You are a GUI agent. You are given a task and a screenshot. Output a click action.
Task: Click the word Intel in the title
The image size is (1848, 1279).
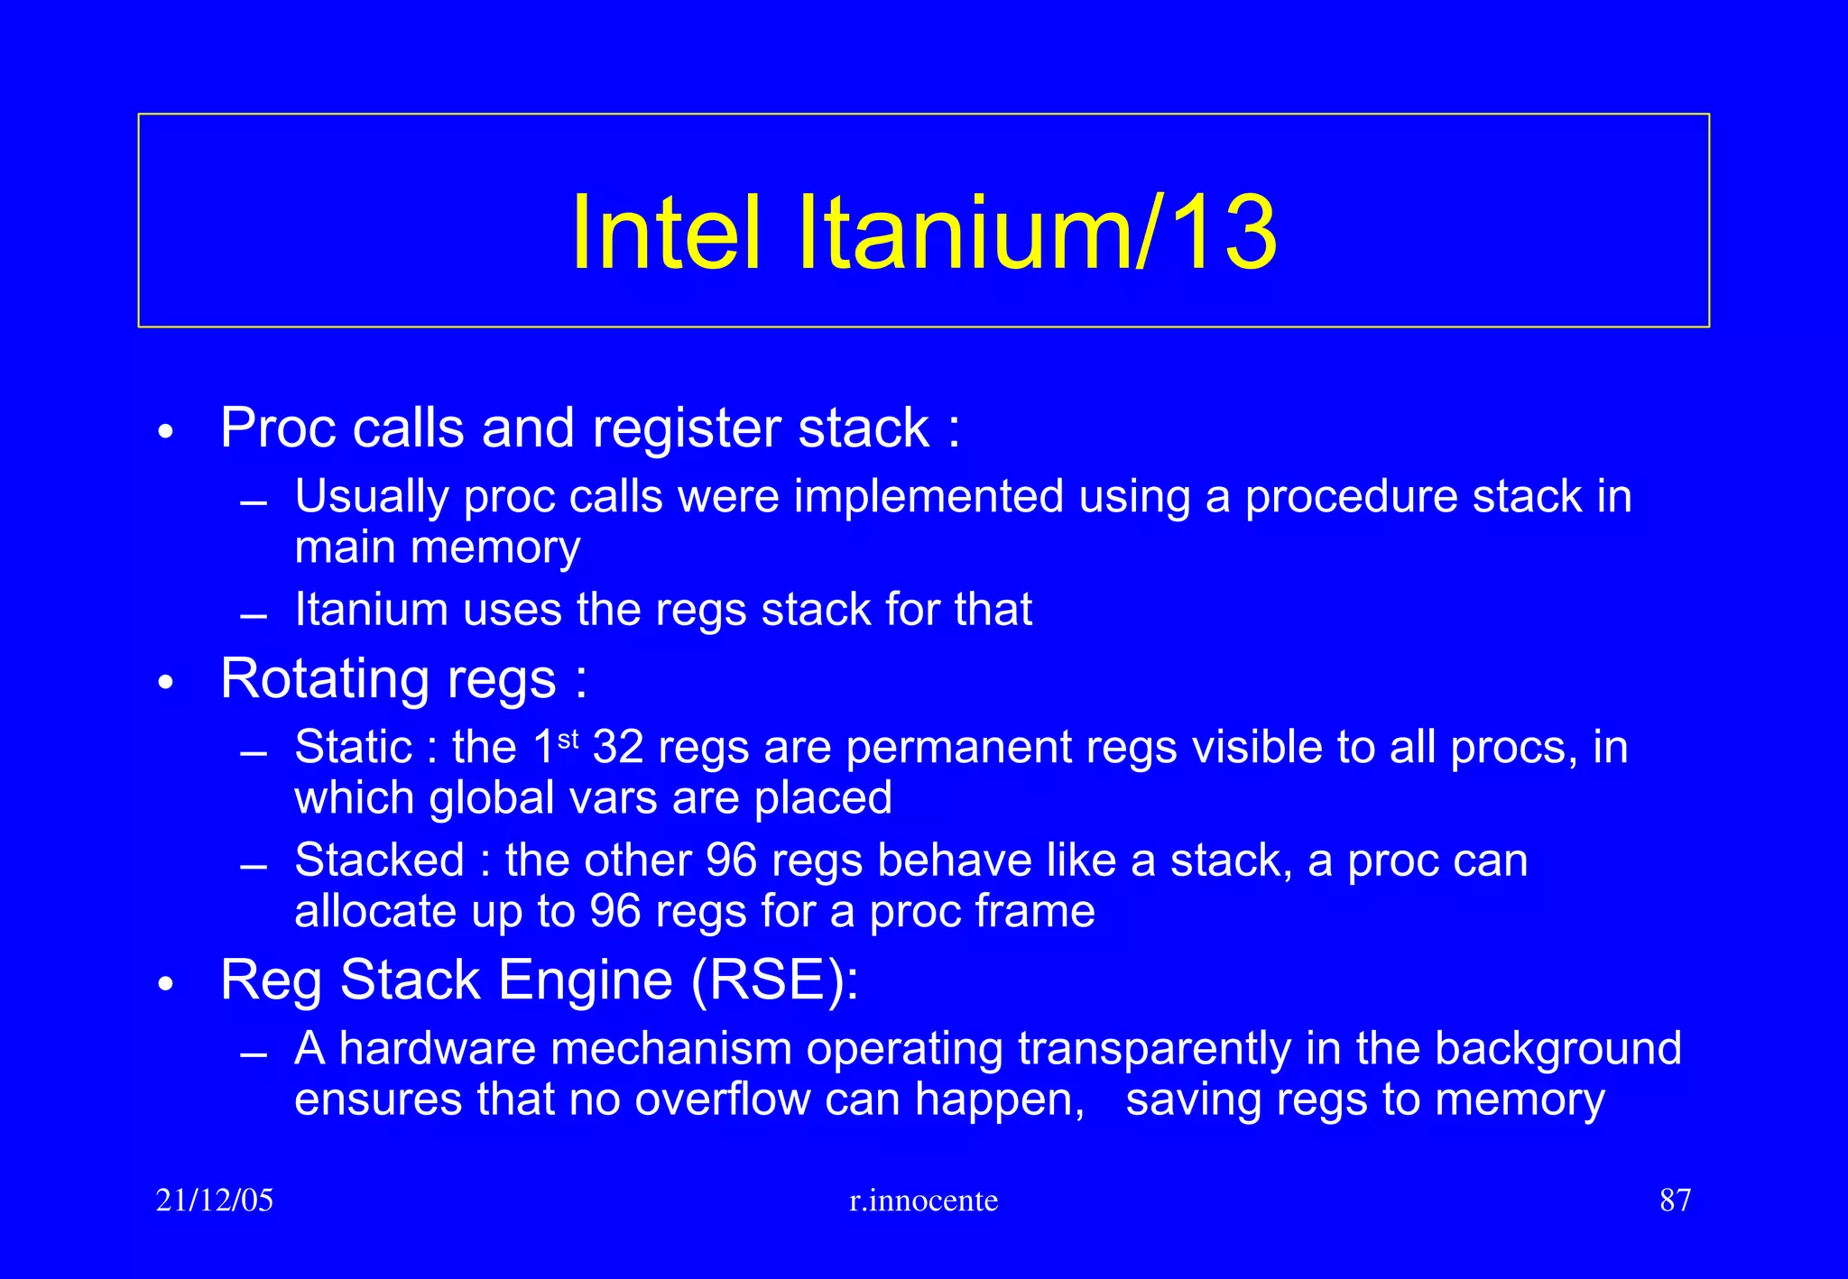(x=666, y=233)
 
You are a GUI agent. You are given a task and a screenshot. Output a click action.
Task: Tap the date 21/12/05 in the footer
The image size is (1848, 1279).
(x=214, y=1201)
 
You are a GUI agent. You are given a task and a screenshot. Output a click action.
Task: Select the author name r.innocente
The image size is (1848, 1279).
(x=923, y=1201)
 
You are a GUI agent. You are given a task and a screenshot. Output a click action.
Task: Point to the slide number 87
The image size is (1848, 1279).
(x=1675, y=1201)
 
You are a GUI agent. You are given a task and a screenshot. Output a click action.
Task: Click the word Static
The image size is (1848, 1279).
(x=353, y=747)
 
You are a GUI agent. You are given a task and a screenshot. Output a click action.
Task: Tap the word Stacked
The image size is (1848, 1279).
(x=379, y=860)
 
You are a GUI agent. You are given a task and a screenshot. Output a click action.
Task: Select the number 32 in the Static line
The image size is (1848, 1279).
(x=618, y=747)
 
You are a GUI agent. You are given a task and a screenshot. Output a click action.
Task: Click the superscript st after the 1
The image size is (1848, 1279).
(x=568, y=740)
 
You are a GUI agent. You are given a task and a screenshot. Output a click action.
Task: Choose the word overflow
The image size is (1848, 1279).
(x=722, y=1100)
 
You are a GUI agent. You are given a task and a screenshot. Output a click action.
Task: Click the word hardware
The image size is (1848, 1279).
(x=437, y=1049)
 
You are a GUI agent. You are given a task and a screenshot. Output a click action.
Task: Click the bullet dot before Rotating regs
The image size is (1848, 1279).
(x=164, y=683)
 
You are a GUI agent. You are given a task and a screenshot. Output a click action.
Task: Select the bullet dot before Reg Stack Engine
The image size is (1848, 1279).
(x=164, y=985)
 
